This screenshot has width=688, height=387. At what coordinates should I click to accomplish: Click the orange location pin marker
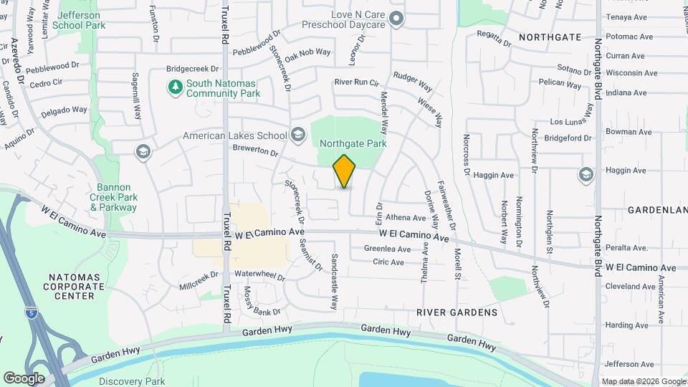[x=345, y=171]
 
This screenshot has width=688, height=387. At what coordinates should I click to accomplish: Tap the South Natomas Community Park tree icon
[x=175, y=87]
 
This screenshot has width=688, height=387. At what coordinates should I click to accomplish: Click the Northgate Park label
[x=353, y=143]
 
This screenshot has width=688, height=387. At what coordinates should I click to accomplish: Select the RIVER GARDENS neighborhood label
[x=457, y=312]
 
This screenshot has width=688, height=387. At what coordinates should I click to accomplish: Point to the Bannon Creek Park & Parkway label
[x=113, y=197]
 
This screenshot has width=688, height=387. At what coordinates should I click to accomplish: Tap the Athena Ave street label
[x=406, y=218]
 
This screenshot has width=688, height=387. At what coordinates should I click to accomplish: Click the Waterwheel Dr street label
[x=260, y=275]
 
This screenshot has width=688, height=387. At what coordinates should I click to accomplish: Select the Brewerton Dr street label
[x=254, y=151]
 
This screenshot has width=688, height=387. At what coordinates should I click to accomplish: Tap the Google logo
[x=24, y=378]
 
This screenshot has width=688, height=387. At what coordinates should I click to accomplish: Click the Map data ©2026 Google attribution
[x=643, y=382]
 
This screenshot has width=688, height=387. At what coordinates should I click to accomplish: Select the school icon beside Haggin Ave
[x=586, y=173]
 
